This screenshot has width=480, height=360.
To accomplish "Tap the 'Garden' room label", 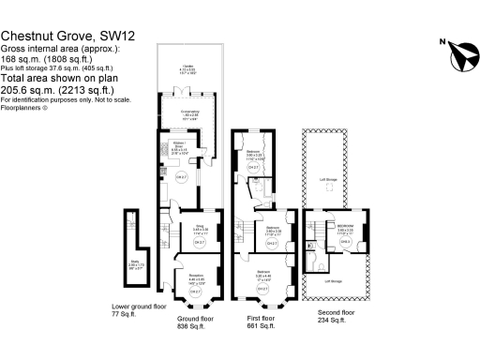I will click(188, 67).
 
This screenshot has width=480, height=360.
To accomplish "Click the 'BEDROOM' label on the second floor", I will click(345, 227).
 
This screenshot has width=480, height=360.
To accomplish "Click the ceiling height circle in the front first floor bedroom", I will click(265, 301).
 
